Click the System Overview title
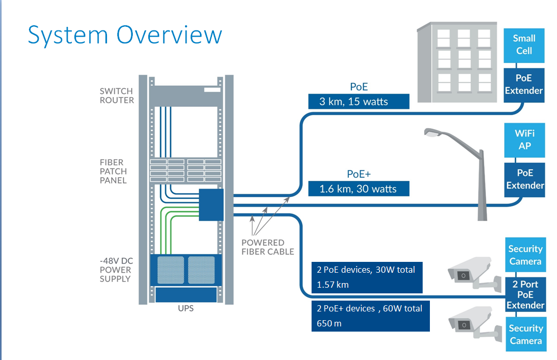(125, 35)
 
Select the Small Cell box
(524, 45)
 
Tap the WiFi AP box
(524, 140)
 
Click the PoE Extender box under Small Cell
(524, 84)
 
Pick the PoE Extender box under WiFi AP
(524, 179)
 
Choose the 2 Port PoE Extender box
(525, 295)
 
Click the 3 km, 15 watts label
(359, 101)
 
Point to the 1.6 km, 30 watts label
(359, 189)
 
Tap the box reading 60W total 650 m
(370, 316)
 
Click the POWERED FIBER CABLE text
(267, 247)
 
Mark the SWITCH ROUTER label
(117, 96)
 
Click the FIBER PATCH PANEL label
(113, 171)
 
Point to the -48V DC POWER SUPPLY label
(115, 270)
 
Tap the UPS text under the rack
(185, 309)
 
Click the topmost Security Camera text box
(525, 255)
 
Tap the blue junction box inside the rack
(211, 205)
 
